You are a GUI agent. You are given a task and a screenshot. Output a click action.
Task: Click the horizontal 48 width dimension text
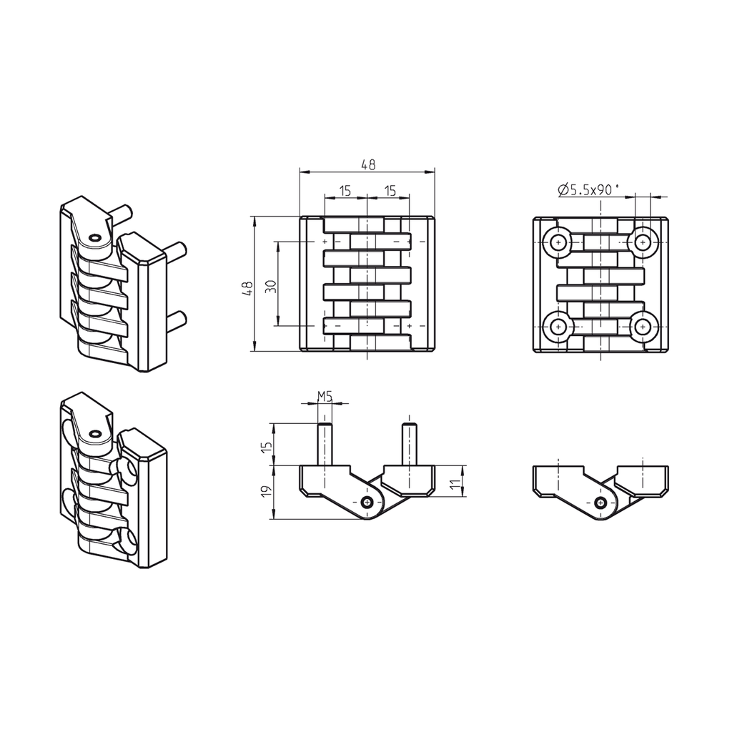367,164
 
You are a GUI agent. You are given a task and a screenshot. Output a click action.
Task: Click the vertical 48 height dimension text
247,289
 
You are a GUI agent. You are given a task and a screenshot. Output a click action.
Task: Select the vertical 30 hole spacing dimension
270,285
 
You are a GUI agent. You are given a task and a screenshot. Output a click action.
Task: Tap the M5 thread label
325,396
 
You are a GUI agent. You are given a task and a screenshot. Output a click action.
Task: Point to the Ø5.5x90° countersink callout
587,189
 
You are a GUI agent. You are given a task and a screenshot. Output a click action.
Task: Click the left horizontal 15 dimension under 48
345,190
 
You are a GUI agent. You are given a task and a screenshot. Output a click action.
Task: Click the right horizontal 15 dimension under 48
389,190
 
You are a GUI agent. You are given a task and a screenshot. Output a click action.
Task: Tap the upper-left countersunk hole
558,243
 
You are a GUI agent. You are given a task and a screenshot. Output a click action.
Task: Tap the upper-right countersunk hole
645,243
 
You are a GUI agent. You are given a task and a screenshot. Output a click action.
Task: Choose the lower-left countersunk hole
558,327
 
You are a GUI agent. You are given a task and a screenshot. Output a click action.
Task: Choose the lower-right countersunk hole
645,327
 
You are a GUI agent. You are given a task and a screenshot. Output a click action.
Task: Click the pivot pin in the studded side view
367,503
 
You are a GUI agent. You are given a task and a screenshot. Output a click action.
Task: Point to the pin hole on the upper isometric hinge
94,237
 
